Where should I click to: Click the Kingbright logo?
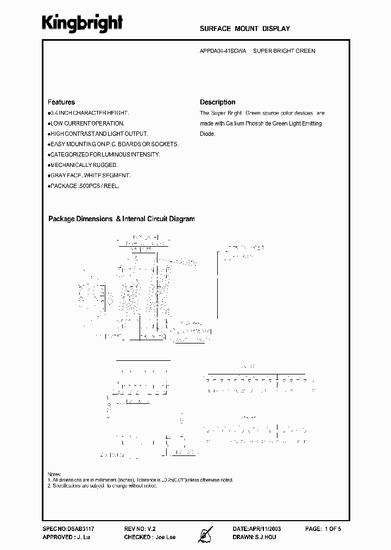pyautogui.click(x=83, y=22)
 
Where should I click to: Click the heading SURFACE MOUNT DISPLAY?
pyautogui.click(x=245, y=29)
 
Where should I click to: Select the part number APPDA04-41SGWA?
pyautogui.click(x=223, y=51)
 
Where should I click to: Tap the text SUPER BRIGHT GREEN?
pyautogui.click(x=284, y=51)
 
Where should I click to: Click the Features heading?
pyautogui.click(x=61, y=102)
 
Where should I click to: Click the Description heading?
pyautogui.click(x=217, y=102)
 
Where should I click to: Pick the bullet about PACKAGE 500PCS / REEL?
pyautogui.click(x=84, y=186)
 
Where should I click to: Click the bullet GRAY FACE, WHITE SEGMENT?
pyautogui.click(x=90, y=176)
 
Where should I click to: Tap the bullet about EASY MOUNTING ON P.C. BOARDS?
pyautogui.click(x=114, y=144)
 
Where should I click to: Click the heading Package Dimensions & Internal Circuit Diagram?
pyautogui.click(x=121, y=219)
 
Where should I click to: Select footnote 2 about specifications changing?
pyautogui.click(x=103, y=485)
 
